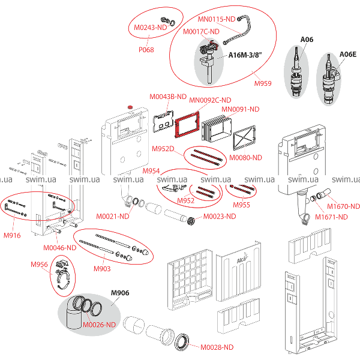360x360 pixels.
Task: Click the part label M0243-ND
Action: (148, 28)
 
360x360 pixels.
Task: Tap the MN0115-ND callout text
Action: (217, 19)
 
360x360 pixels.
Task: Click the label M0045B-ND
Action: (167, 97)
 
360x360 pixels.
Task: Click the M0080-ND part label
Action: (246, 158)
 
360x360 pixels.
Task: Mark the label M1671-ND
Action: (331, 217)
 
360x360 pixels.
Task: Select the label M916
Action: (12, 236)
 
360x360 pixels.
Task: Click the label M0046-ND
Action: (59, 247)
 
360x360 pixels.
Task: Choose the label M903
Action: (102, 269)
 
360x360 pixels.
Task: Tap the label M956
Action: (40, 264)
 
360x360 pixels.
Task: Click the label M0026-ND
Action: (98, 325)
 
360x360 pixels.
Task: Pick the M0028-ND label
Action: (217, 347)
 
